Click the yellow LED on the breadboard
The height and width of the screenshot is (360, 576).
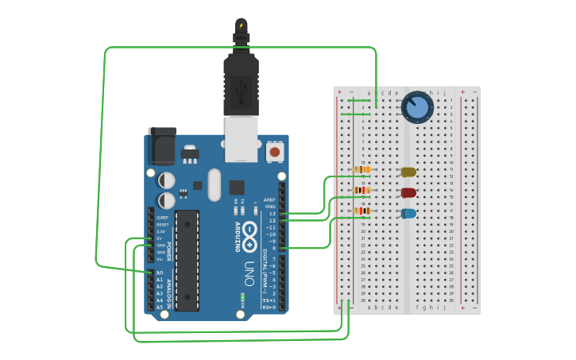(x=408, y=172)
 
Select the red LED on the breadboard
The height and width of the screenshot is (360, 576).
(x=408, y=192)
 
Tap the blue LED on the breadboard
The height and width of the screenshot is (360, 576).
(x=408, y=213)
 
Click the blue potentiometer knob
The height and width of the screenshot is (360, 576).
(x=417, y=107)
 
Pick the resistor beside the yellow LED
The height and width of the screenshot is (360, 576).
(x=361, y=169)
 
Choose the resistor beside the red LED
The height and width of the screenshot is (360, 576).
(x=361, y=190)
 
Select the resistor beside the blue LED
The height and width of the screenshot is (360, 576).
(x=361, y=211)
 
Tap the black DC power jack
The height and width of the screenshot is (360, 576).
(x=161, y=147)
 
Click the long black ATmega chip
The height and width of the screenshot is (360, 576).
(x=187, y=260)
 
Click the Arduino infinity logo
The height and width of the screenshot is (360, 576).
(x=249, y=234)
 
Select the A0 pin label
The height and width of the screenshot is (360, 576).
(x=159, y=273)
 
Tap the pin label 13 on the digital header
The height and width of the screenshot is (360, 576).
(x=272, y=214)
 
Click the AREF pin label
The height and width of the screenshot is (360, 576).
(x=270, y=199)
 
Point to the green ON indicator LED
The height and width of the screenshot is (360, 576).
(x=242, y=298)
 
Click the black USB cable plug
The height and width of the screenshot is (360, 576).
(x=241, y=83)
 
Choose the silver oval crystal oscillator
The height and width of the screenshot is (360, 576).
(x=213, y=184)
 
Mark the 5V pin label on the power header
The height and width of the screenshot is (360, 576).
(x=159, y=238)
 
